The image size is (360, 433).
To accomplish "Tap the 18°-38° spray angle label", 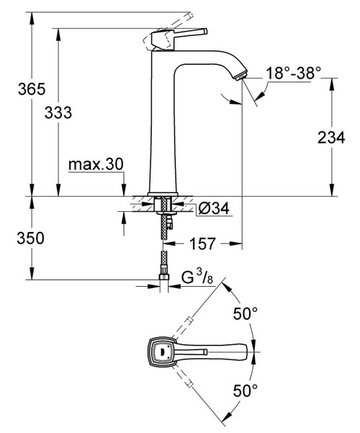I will click(x=293, y=73).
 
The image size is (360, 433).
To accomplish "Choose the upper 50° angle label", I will click(x=246, y=315).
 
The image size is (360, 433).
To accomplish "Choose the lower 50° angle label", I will click(x=246, y=391).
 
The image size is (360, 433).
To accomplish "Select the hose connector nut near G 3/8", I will click(x=165, y=272).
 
